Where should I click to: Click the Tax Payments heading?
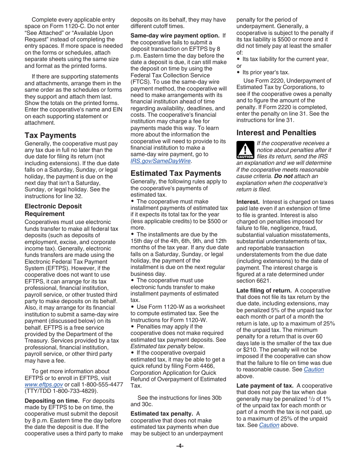pos(50,135)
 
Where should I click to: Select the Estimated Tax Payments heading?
pos(175,173)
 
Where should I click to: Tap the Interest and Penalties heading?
pos(276,133)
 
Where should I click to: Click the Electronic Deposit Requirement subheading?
pos(53,210)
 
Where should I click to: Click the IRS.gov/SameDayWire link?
pos(160,161)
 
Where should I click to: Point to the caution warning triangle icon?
pos(245,150)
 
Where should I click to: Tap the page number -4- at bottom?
pos(180,446)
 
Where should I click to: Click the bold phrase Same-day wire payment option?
pos(175,36)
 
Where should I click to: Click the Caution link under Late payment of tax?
pos(269,425)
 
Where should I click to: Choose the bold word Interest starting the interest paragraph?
pos(248,202)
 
